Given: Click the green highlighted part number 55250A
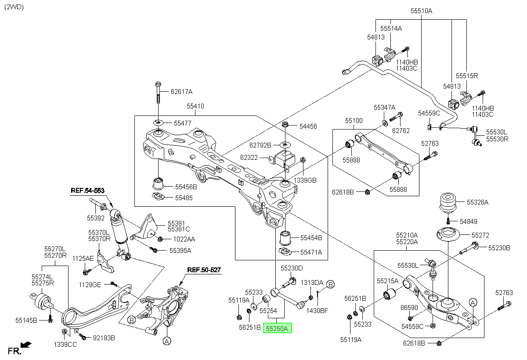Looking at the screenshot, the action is click(278, 328).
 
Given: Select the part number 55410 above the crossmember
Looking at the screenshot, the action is click(195, 106).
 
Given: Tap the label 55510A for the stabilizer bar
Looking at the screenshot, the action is click(421, 11).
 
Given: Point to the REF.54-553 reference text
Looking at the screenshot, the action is click(87, 190).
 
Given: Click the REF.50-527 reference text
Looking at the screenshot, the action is click(204, 270).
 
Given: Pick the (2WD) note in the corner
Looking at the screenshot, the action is click(14, 7).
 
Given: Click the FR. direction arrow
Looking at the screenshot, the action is click(26, 345).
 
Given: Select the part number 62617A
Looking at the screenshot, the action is click(181, 91).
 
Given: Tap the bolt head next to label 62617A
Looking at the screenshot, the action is click(158, 84).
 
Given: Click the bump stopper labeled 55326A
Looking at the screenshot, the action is click(448, 203).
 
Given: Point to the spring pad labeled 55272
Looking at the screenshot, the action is click(448, 234).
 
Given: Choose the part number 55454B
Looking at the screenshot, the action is click(311, 238).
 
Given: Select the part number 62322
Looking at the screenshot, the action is click(249, 157).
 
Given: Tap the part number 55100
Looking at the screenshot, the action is click(354, 121).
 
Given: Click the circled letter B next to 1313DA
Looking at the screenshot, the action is click(331, 284).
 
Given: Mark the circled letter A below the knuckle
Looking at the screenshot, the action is click(167, 341).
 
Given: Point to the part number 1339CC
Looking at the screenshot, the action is click(65, 345).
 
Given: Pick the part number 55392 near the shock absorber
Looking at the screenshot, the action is click(96, 218).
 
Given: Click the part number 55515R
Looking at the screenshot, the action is click(467, 76).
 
